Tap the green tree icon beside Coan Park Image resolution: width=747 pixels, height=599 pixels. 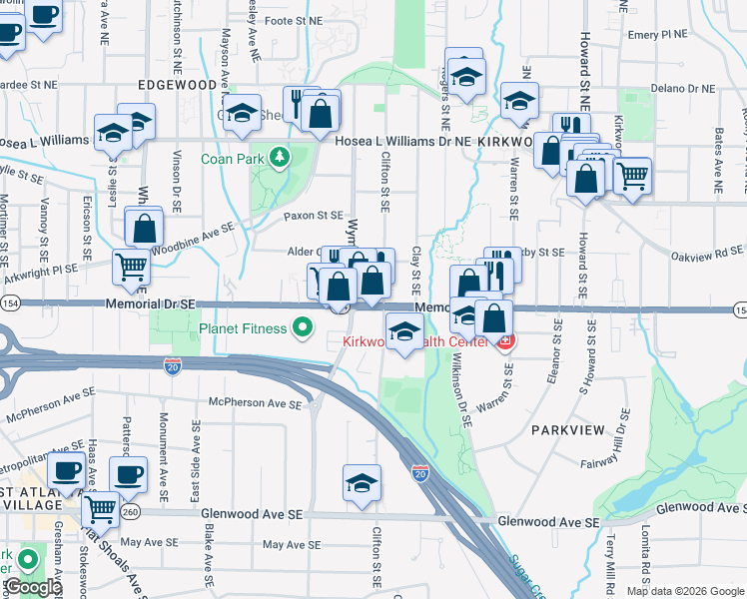(x=281, y=157)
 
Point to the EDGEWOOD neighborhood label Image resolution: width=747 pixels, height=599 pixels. (x=178, y=86)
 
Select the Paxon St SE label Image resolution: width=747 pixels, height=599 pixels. (x=313, y=215)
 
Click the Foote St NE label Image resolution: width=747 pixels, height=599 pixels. (x=294, y=20)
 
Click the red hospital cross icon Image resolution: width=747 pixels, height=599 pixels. (x=505, y=342)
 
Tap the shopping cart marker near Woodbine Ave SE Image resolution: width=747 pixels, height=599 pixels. (x=132, y=268)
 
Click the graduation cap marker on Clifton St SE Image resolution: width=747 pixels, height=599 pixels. (x=362, y=484)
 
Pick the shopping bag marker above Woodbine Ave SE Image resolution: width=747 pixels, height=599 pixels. (x=145, y=229)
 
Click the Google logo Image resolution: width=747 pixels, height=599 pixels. (x=32, y=588)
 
